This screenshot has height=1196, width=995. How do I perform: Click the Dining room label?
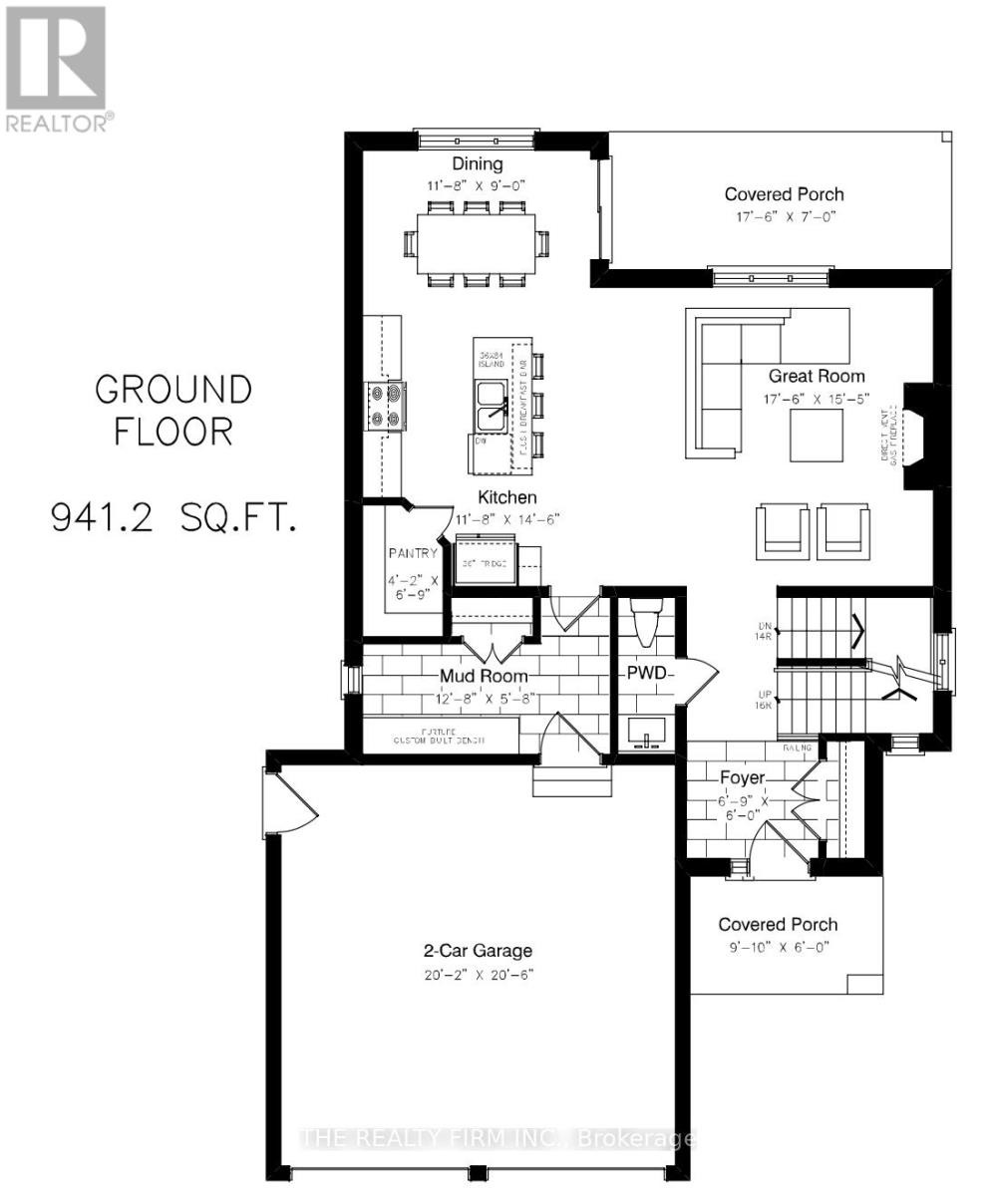click(x=478, y=164)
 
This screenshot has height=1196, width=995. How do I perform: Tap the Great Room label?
click(x=816, y=377)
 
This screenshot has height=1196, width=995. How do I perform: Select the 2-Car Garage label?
click(x=477, y=950)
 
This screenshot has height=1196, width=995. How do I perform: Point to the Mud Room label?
click(x=484, y=677)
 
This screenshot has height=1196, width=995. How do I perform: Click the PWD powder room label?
click(x=646, y=673)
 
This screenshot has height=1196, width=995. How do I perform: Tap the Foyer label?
click(x=742, y=777)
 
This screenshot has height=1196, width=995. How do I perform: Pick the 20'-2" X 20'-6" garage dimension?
click(x=477, y=975)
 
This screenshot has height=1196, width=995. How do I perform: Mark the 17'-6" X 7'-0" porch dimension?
click(x=784, y=216)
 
